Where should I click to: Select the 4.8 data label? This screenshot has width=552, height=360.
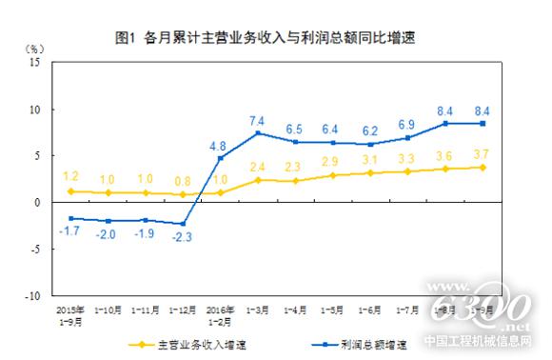(218, 146)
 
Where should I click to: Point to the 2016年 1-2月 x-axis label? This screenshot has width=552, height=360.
(220, 314)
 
